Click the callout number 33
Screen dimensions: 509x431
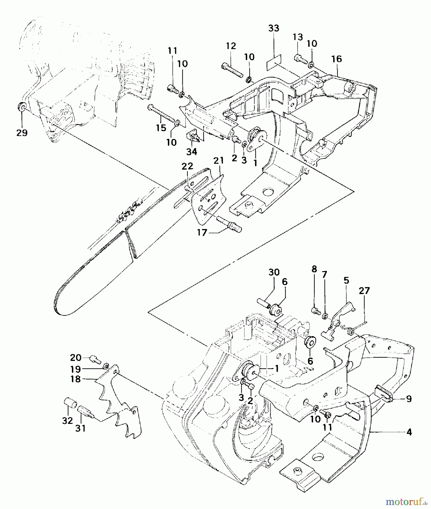(x=274, y=28)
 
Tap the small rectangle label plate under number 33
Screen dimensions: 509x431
(x=274, y=61)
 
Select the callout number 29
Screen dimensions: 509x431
(x=22, y=133)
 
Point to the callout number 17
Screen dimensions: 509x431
(x=202, y=232)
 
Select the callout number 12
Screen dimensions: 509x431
(x=231, y=46)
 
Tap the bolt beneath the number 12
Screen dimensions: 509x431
(x=232, y=70)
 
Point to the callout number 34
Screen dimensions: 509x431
(x=192, y=152)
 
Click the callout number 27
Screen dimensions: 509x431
(x=364, y=291)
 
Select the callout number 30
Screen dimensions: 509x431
(x=274, y=272)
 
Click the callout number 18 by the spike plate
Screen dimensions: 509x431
(x=76, y=379)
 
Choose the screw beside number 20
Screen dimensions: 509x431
(x=95, y=360)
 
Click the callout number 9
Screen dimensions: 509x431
(x=409, y=399)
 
